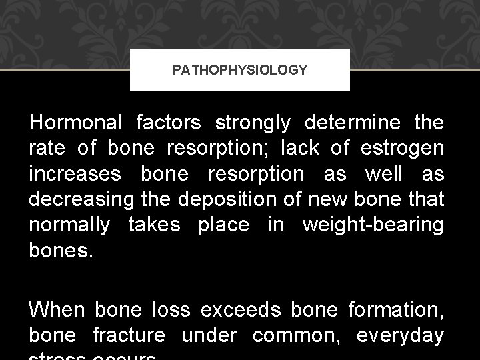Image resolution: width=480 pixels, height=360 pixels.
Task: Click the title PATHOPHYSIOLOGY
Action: pyautogui.click(x=240, y=69)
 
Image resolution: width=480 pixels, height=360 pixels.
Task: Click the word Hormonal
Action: pyautogui.click(x=75, y=123)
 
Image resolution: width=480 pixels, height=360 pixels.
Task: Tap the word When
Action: pyautogui.click(x=57, y=311)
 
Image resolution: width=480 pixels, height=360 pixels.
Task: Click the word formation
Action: pyautogui.click(x=394, y=311)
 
